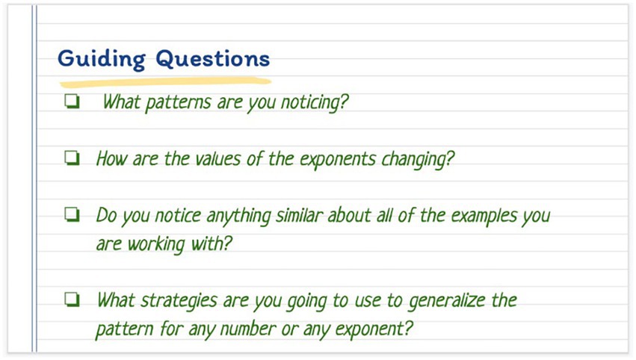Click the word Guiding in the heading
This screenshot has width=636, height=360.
coord(102,60)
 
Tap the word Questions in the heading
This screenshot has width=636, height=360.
coord(213,59)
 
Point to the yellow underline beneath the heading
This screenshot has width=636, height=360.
coord(165,82)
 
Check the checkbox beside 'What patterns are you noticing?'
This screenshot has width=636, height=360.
coord(72,102)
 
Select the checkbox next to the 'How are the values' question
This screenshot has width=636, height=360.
coord(72,158)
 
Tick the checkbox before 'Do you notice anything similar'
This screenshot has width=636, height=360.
coord(72,214)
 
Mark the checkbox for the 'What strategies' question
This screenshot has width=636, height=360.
coord(72,300)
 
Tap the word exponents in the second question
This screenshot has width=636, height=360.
coord(338,160)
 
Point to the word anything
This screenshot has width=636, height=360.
coord(238,216)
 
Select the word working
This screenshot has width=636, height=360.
coord(156,244)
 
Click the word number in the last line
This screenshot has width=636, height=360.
coord(248,329)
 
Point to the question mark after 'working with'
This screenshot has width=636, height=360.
coord(227,243)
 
